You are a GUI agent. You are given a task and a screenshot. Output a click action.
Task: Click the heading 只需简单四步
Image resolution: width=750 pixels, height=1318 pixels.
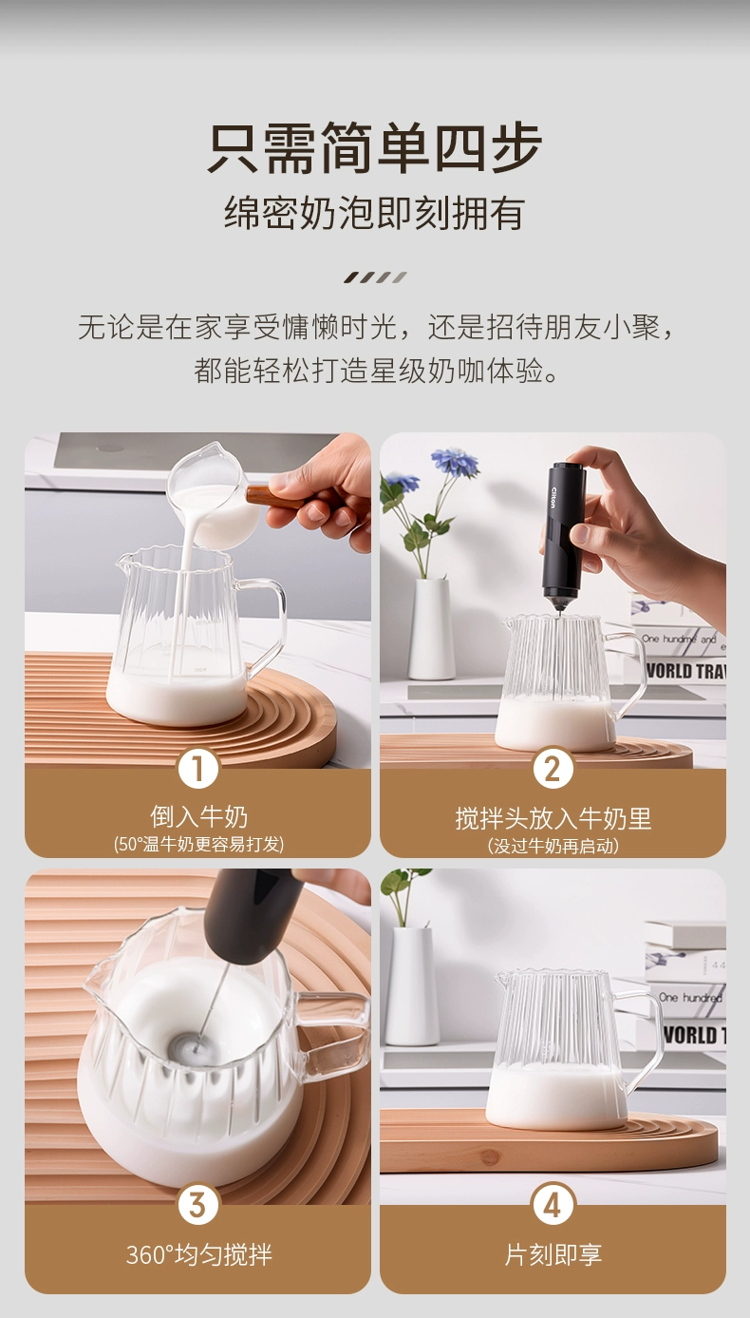tap(374, 147)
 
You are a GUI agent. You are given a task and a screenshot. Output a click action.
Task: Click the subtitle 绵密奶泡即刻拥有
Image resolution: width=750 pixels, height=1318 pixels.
tap(374, 213)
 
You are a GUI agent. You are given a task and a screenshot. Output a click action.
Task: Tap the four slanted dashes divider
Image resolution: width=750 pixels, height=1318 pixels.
tap(375, 277)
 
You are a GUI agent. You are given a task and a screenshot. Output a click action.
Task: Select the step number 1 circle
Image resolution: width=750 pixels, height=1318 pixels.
tap(198, 769)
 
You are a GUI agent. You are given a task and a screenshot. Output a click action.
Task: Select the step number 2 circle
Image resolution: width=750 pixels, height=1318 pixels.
tap(553, 769)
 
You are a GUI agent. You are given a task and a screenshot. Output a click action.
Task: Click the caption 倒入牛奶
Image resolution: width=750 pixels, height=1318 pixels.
tap(198, 816)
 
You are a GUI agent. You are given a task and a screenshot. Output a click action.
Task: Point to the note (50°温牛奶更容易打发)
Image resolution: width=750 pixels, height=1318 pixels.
tap(198, 845)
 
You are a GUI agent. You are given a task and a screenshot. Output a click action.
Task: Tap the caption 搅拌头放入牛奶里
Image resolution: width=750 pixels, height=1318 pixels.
tap(553, 818)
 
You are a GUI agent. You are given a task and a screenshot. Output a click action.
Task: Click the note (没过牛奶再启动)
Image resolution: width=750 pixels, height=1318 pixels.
tap(553, 846)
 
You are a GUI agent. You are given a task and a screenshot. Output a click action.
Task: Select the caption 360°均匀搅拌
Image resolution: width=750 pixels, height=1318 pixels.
tap(198, 1254)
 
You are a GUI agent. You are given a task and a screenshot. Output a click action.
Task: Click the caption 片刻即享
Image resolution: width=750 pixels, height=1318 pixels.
tap(553, 1254)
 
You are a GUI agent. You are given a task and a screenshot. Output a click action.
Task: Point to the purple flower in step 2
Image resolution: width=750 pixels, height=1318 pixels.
tap(455, 461)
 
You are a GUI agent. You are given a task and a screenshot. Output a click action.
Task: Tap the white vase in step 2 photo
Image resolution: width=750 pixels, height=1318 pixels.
tap(431, 628)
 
